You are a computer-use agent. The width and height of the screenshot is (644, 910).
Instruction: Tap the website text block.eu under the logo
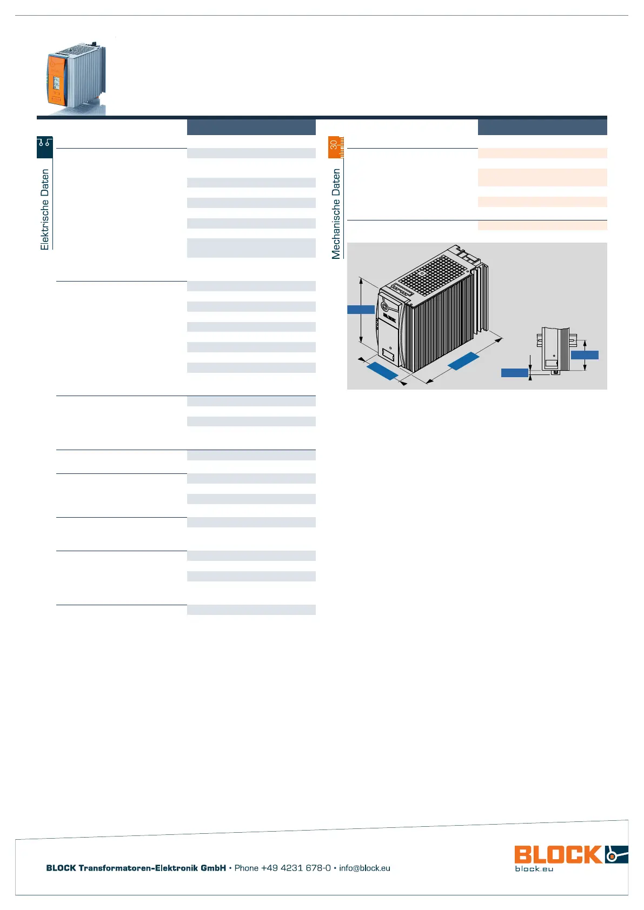(534, 868)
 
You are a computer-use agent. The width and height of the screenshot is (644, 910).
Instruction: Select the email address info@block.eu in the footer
(364, 868)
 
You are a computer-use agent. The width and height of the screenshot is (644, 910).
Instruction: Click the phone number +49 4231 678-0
(296, 868)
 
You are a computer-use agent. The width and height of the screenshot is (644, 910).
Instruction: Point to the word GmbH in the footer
(213, 868)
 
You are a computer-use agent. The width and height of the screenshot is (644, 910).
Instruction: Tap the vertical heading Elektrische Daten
(45, 209)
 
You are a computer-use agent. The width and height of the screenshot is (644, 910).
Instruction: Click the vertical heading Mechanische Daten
(336, 213)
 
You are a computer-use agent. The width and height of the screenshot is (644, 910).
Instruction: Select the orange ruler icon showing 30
(336, 147)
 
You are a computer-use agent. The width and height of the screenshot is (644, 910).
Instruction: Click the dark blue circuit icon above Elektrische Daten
(45, 147)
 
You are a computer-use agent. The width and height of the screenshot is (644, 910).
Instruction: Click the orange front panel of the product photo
(56, 80)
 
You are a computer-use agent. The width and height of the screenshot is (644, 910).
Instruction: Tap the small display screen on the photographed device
(57, 83)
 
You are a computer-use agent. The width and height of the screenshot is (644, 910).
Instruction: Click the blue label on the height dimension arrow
(361, 310)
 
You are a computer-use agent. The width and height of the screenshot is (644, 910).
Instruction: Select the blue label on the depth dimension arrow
(463, 361)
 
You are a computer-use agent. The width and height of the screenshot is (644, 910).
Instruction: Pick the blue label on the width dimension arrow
(382, 371)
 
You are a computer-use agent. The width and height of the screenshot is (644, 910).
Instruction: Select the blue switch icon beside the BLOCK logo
(616, 854)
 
